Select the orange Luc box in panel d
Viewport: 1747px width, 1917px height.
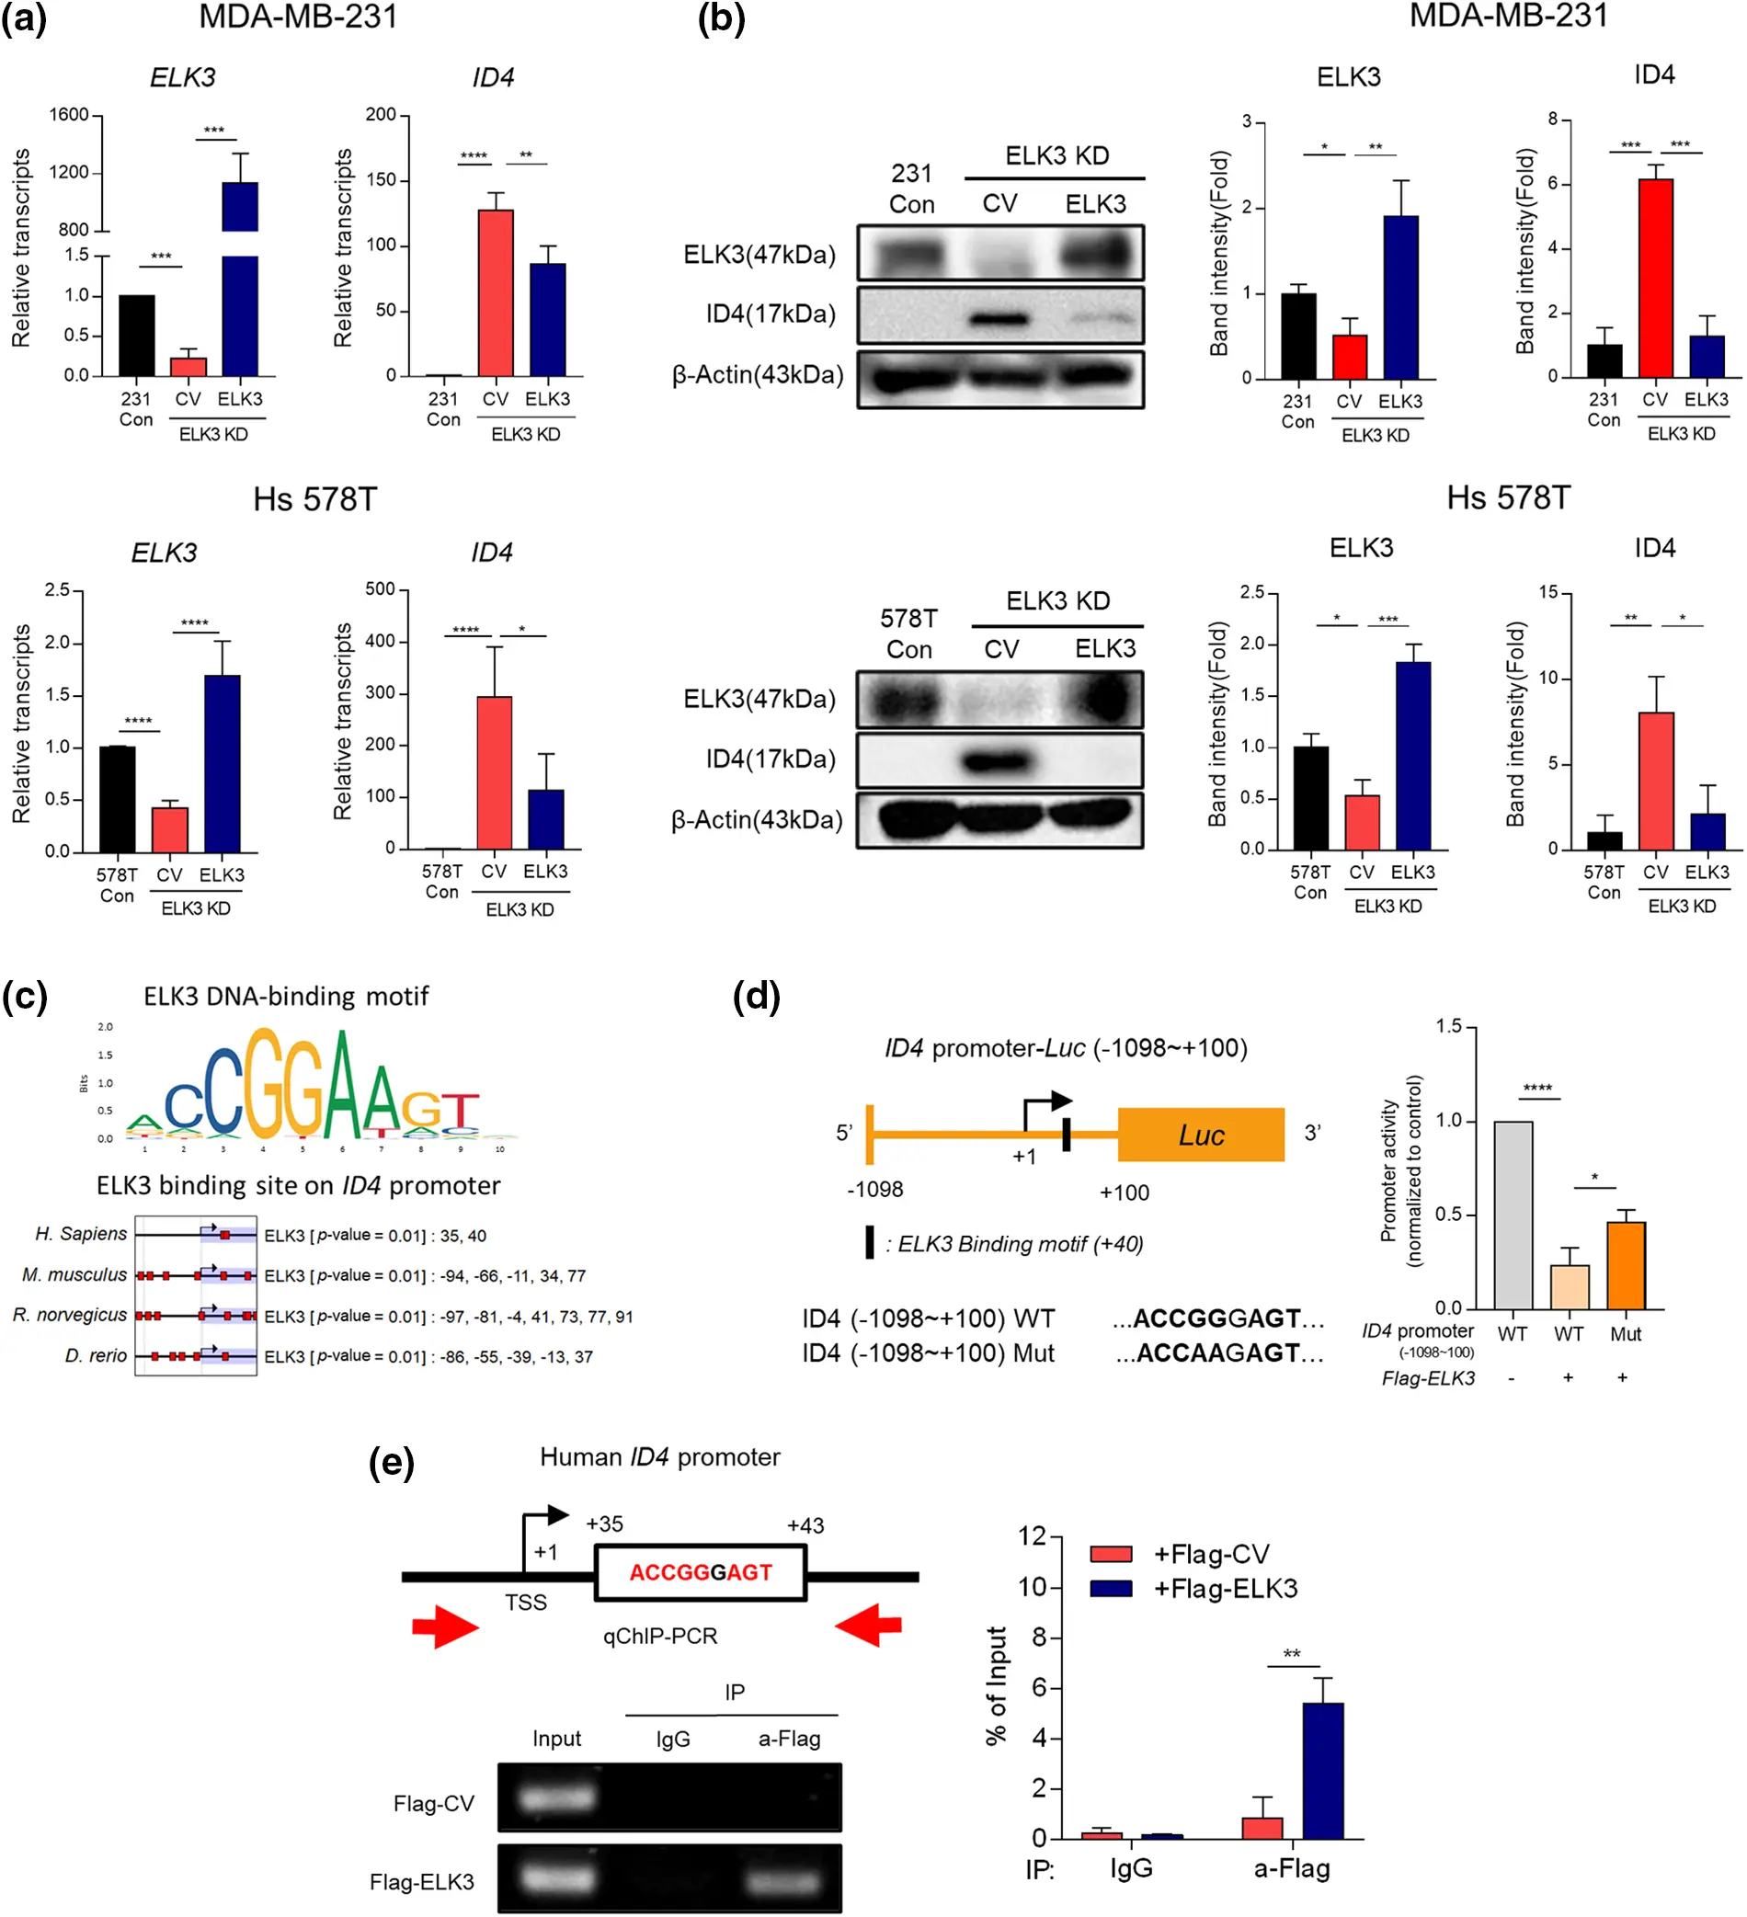pyautogui.click(x=1200, y=1135)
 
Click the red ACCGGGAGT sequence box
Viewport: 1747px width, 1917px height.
pyautogui.click(x=700, y=1572)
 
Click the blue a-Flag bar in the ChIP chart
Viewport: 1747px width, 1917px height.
pyautogui.click(x=1322, y=1770)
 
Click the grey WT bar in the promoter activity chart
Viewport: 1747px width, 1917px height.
pyautogui.click(x=1513, y=1215)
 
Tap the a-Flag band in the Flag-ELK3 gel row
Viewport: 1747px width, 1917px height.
pyautogui.click(x=782, y=1880)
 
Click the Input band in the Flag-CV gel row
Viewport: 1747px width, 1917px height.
pyautogui.click(x=556, y=1797)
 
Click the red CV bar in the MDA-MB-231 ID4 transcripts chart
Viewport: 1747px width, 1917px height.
pyautogui.click(x=495, y=293)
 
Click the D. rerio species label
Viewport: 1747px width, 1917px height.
pyautogui.click(x=95, y=1356)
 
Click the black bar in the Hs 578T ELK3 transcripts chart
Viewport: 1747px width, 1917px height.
pyautogui.click(x=117, y=799)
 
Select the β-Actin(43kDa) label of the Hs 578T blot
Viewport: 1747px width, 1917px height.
pyautogui.click(x=757, y=820)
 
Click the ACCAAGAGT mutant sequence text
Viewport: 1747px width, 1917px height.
pyautogui.click(x=1218, y=1352)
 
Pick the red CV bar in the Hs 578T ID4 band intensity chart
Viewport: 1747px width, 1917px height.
pyautogui.click(x=1656, y=781)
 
